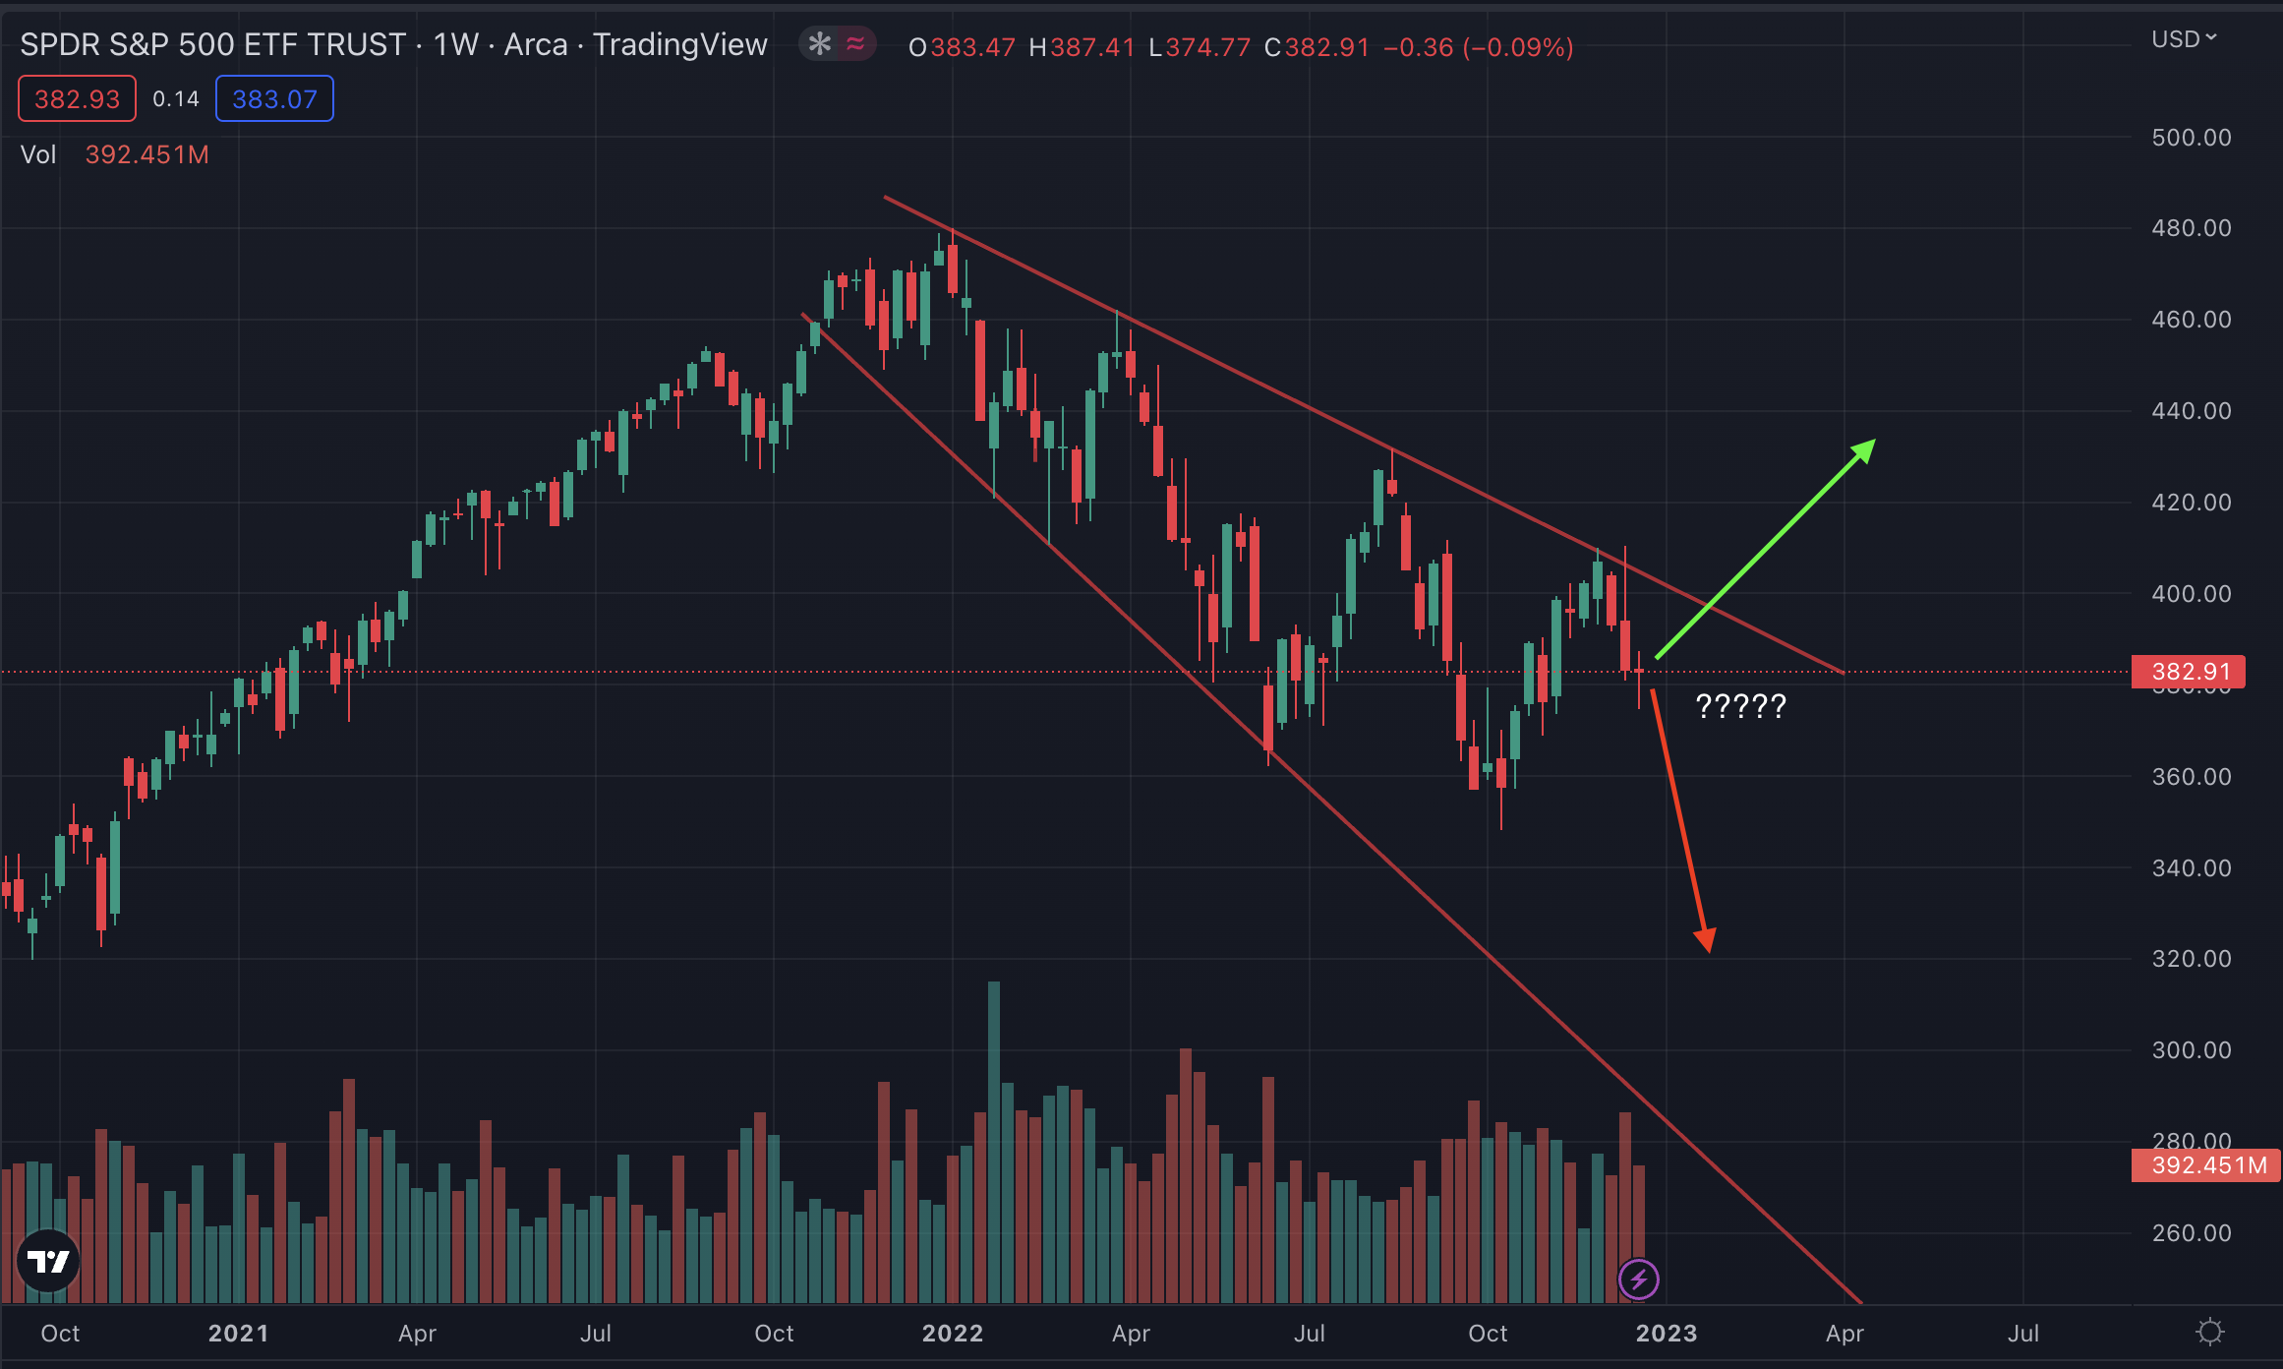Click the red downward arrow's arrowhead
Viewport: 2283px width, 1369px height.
[x=1705, y=939]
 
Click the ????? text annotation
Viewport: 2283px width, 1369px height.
[x=1740, y=706]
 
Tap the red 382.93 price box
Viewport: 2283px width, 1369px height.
[x=77, y=99]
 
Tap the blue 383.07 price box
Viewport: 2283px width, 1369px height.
[x=274, y=99]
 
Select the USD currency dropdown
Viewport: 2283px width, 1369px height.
[x=2183, y=39]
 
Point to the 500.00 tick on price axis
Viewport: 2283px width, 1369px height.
[x=2191, y=138]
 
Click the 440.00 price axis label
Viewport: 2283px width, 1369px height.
[x=2191, y=411]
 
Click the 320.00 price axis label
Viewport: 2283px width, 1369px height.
[x=2191, y=959]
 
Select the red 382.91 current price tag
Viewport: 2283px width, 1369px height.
[x=2189, y=672]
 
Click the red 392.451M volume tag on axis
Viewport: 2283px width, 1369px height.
[x=2206, y=1166]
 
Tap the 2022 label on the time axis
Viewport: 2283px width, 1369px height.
[x=952, y=1334]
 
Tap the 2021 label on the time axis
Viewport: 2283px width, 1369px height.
[x=238, y=1334]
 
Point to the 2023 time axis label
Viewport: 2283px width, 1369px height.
[x=1666, y=1334]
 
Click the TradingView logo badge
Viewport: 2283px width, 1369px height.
[x=48, y=1261]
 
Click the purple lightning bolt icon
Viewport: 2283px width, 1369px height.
[x=1638, y=1280]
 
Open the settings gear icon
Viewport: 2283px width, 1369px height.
[x=2210, y=1333]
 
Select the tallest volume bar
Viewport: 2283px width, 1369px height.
[x=994, y=1141]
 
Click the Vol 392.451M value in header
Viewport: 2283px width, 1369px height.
[x=146, y=155]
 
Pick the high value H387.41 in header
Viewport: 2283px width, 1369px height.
[x=1082, y=47]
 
